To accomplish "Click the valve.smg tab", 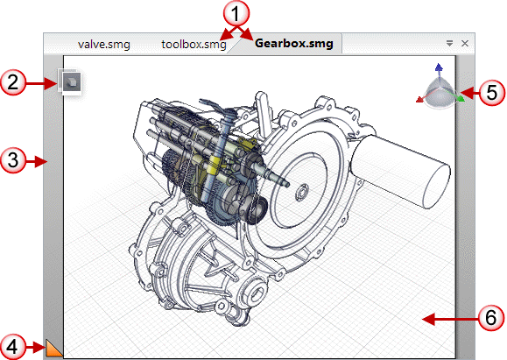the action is (x=104, y=44).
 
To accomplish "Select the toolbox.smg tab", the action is (x=194, y=44).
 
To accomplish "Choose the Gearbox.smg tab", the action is (x=294, y=43).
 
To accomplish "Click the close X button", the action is (x=465, y=43).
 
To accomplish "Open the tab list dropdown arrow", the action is (x=449, y=43).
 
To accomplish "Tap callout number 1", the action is (x=236, y=13).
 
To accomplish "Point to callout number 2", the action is (x=12, y=82).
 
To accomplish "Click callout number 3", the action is (x=12, y=160).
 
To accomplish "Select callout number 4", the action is (x=12, y=347).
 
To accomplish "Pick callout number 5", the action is (x=491, y=93).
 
